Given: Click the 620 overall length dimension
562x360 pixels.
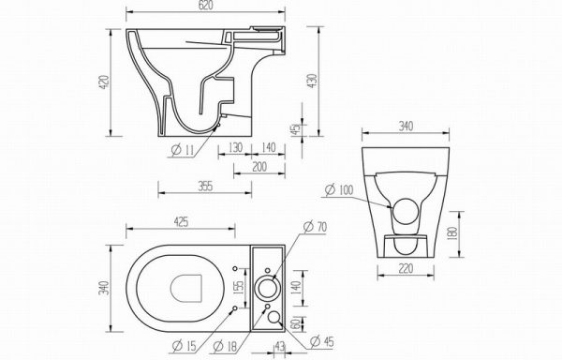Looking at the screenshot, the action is coord(205,5).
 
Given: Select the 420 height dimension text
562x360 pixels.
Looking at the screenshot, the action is coord(104,82).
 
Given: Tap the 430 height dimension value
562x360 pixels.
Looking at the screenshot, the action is coord(312,81).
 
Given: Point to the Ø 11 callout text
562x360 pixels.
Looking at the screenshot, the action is coord(183,150).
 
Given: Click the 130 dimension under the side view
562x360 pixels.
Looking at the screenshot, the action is coord(235,147).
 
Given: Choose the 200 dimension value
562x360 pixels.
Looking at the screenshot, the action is coord(259,167).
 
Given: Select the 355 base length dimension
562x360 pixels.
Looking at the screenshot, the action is coord(205,187).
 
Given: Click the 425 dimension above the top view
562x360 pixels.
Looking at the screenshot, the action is coord(181,222).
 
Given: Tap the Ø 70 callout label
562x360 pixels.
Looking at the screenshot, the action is coord(316,227).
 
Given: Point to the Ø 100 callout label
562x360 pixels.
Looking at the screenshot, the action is coord(339,189).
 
